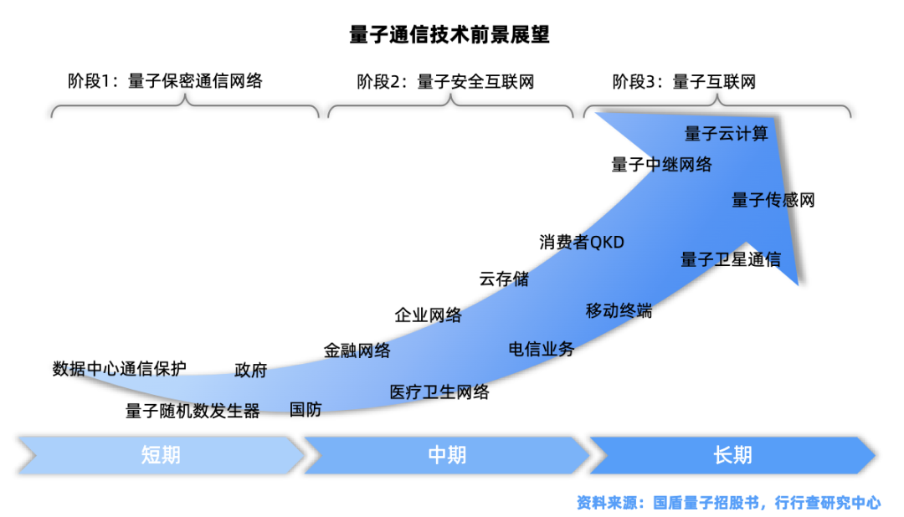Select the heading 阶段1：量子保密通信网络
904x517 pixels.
click(x=165, y=81)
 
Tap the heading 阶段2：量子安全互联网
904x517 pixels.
click(x=445, y=81)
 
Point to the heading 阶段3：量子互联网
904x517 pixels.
click(x=684, y=81)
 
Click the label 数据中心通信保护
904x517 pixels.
click(x=119, y=368)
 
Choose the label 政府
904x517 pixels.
click(x=250, y=370)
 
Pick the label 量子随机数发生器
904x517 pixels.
click(x=193, y=411)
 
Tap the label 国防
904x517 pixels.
click(x=306, y=409)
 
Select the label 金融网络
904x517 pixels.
click(x=357, y=351)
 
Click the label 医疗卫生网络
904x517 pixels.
click(x=439, y=392)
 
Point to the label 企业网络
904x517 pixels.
click(x=428, y=315)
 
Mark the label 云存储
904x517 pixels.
click(x=504, y=279)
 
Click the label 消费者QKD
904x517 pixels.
click(x=582, y=242)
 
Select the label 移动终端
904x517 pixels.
click(x=619, y=311)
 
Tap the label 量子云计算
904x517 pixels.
click(x=726, y=133)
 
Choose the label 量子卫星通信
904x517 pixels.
click(x=730, y=259)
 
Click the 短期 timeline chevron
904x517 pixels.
click(x=161, y=455)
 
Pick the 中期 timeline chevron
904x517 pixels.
click(x=447, y=455)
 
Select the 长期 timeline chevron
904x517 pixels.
click(x=732, y=455)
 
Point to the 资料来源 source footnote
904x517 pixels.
click(x=728, y=503)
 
